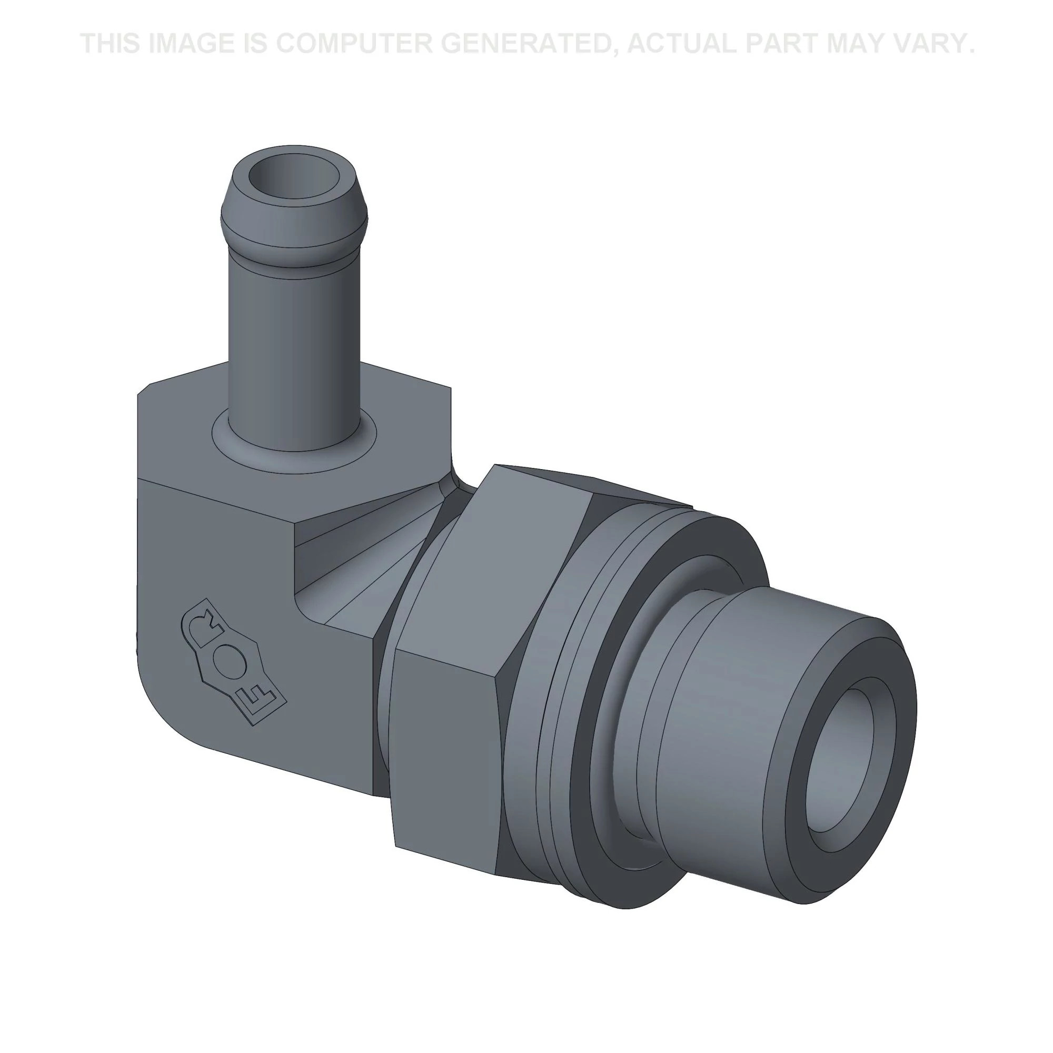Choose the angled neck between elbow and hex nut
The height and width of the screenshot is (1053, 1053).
[x=360, y=572]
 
